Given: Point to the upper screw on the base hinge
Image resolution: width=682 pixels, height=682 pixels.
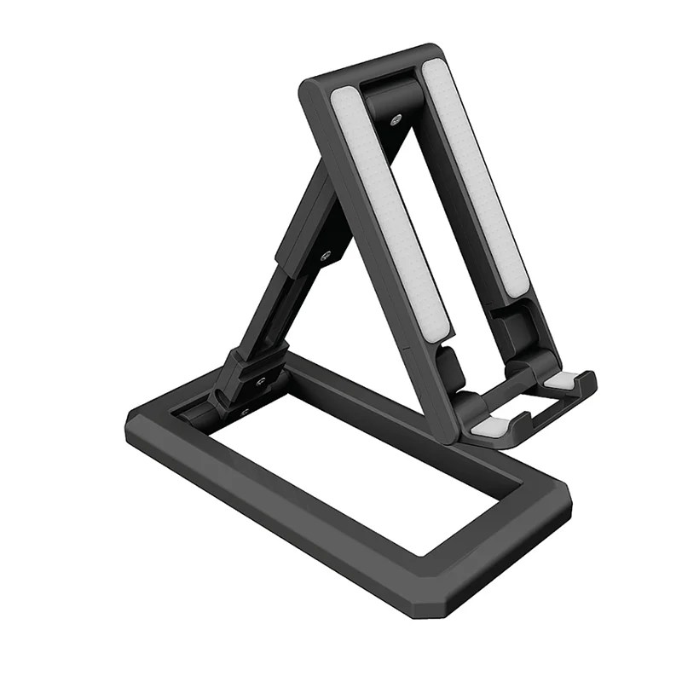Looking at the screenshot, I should (x=261, y=381).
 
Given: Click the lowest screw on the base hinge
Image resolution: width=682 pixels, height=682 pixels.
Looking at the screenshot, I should (x=246, y=412).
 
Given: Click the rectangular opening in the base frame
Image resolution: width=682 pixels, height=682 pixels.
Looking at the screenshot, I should (x=358, y=460).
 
